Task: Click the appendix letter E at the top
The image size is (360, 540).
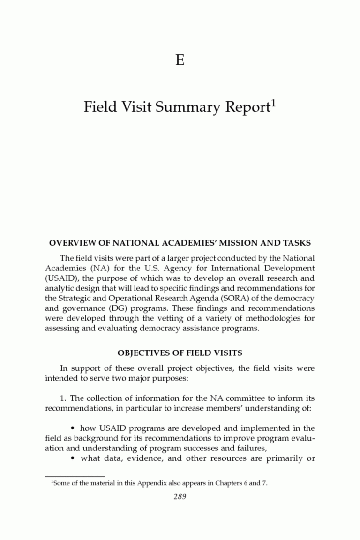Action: click(180, 60)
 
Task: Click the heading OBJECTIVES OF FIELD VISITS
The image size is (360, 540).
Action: click(180, 352)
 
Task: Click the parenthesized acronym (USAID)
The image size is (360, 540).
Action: click(61, 278)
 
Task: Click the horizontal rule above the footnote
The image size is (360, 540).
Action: click(75, 476)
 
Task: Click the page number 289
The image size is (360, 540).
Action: click(180, 497)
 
